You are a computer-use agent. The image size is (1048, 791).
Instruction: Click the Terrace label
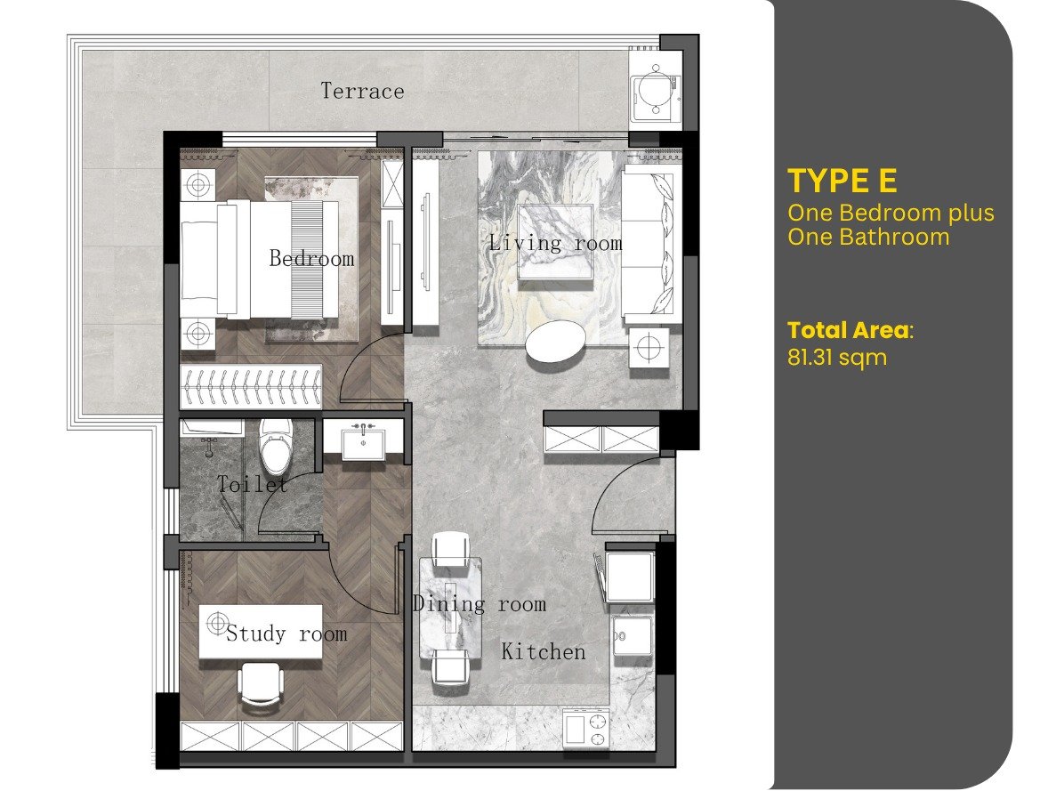pyautogui.click(x=362, y=91)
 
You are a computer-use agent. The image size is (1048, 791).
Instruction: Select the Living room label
pyautogui.click(x=555, y=242)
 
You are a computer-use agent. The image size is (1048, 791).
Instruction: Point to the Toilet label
pyautogui.click(x=253, y=484)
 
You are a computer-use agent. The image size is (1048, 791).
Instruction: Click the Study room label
pyautogui.click(x=286, y=633)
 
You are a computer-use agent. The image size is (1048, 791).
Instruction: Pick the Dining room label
pyautogui.click(x=480, y=604)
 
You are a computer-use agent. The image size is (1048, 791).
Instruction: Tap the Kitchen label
pyautogui.click(x=544, y=651)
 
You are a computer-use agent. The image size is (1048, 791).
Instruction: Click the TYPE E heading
pyautogui.click(x=842, y=181)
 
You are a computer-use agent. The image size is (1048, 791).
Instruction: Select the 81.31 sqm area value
pyautogui.click(x=837, y=357)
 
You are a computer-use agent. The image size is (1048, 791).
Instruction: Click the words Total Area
pyautogui.click(x=848, y=330)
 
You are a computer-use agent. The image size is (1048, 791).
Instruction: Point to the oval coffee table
pyautogui.click(x=555, y=342)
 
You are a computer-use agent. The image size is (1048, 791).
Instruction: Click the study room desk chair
pyautogui.click(x=261, y=684)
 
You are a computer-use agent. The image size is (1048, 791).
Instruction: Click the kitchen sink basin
pyautogui.click(x=632, y=636)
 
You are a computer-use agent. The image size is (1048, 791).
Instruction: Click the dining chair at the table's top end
pyautogui.click(x=450, y=547)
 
